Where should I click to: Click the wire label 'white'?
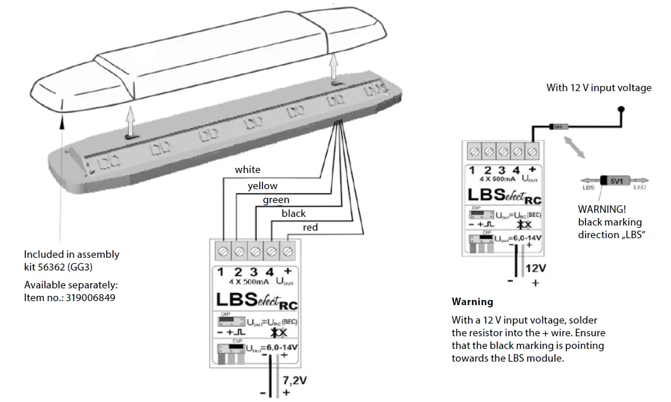(247, 170)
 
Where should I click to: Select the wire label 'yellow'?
(263, 186)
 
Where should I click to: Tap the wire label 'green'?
(276, 200)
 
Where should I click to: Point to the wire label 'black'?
(293, 213)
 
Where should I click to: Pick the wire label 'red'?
(310, 228)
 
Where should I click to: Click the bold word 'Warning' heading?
(472, 302)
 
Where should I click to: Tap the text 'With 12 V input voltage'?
(599, 88)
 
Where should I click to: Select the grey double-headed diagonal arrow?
(573, 146)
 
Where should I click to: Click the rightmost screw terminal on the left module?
(287, 251)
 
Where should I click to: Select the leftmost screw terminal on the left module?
(223, 251)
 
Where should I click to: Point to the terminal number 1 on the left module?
(220, 272)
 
